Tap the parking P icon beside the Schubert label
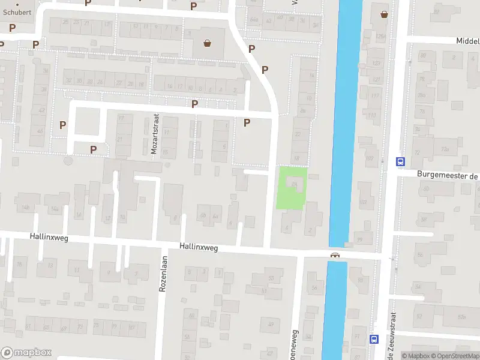tap(12, 28)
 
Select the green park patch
tap(292, 188)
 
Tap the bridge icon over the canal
tap(335, 255)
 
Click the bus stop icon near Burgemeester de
tap(400, 161)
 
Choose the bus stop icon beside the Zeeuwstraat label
tap(374, 339)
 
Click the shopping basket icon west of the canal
tap(208, 43)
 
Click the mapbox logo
tap(26, 353)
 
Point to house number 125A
tap(380, 37)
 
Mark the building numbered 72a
tap(445, 149)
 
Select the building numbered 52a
tap(461, 316)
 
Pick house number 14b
tap(25, 208)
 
